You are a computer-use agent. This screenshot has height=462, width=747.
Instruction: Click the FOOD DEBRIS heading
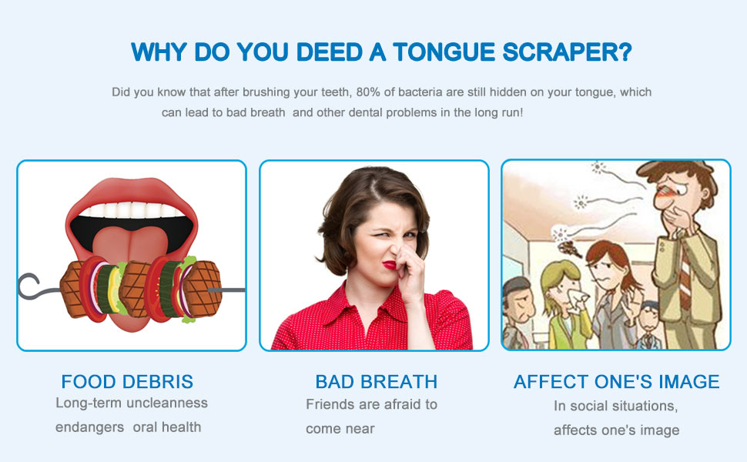point(127,381)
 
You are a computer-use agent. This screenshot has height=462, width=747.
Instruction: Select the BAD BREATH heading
point(376,381)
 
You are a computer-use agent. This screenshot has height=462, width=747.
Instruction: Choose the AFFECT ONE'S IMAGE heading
point(616,381)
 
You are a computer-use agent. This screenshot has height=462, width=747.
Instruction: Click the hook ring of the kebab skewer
point(28,286)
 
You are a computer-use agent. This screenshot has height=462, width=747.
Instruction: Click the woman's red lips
point(390,265)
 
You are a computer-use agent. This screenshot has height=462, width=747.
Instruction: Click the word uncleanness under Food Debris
point(168,403)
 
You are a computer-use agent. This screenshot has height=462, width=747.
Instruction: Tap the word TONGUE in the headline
point(444,52)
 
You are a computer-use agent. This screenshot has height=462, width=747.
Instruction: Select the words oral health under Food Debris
point(166,427)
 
